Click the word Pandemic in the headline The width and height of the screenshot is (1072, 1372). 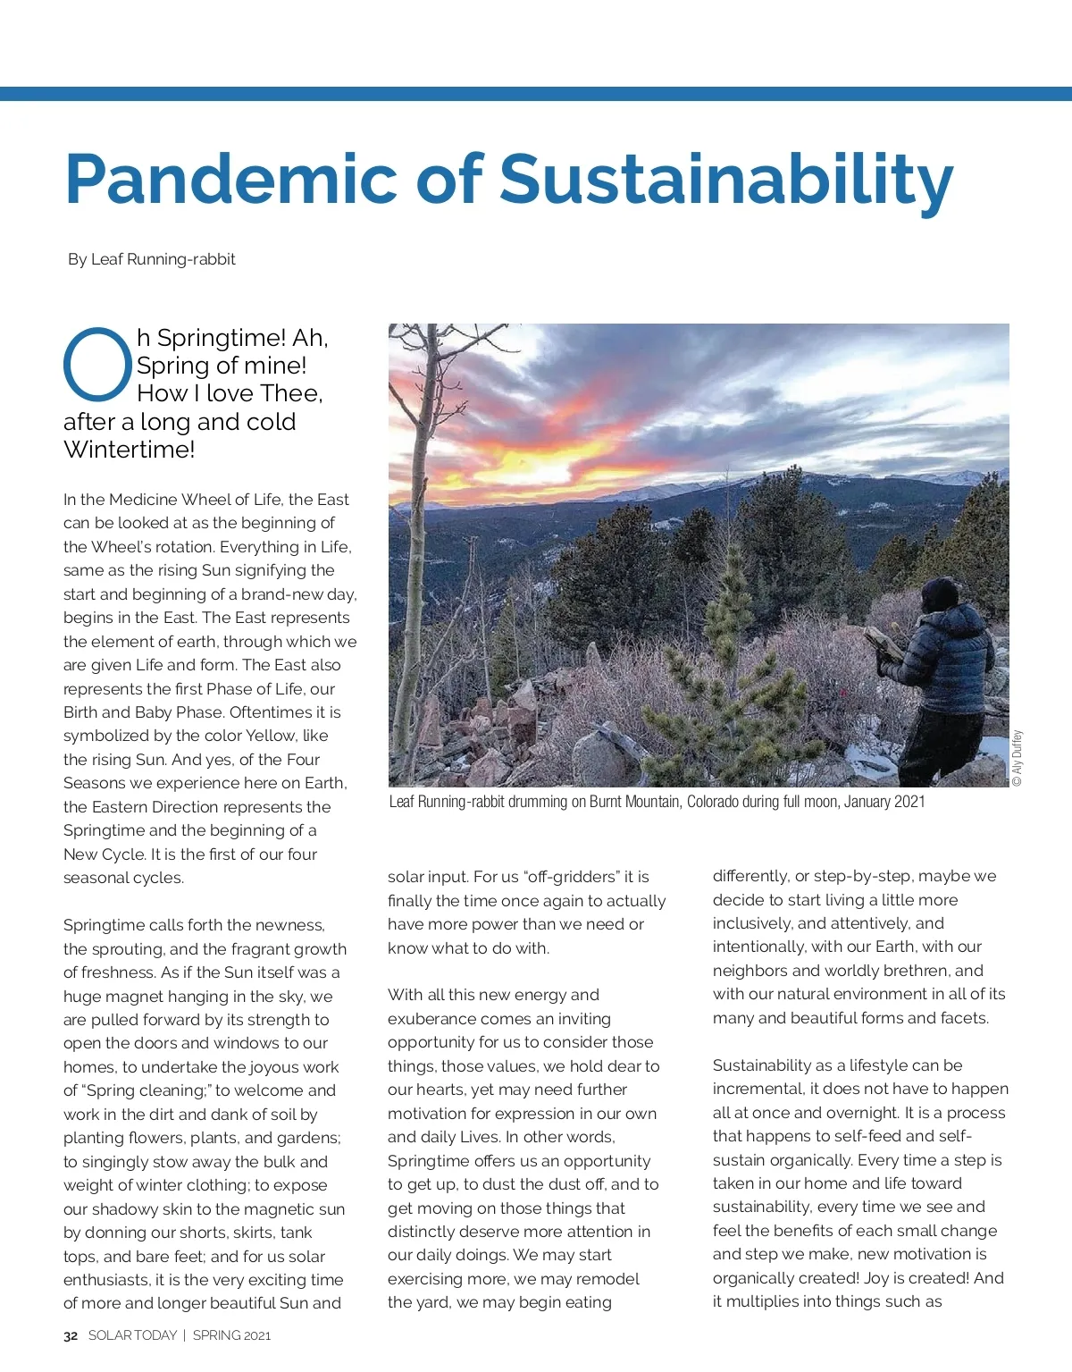coord(230,179)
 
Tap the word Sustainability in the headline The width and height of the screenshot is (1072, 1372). coord(725,179)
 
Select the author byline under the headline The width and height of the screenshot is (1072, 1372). coord(152,259)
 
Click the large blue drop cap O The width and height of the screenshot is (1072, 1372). coord(97,365)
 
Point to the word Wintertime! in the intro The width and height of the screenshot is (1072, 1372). coord(130,450)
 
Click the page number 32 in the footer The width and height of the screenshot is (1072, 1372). coord(71,1335)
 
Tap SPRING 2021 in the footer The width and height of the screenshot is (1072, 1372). coord(231,1335)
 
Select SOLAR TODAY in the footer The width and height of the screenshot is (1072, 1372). coord(132,1335)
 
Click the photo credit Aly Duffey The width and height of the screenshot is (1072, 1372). coord(1017,758)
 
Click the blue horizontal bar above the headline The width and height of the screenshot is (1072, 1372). coord(536,94)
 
